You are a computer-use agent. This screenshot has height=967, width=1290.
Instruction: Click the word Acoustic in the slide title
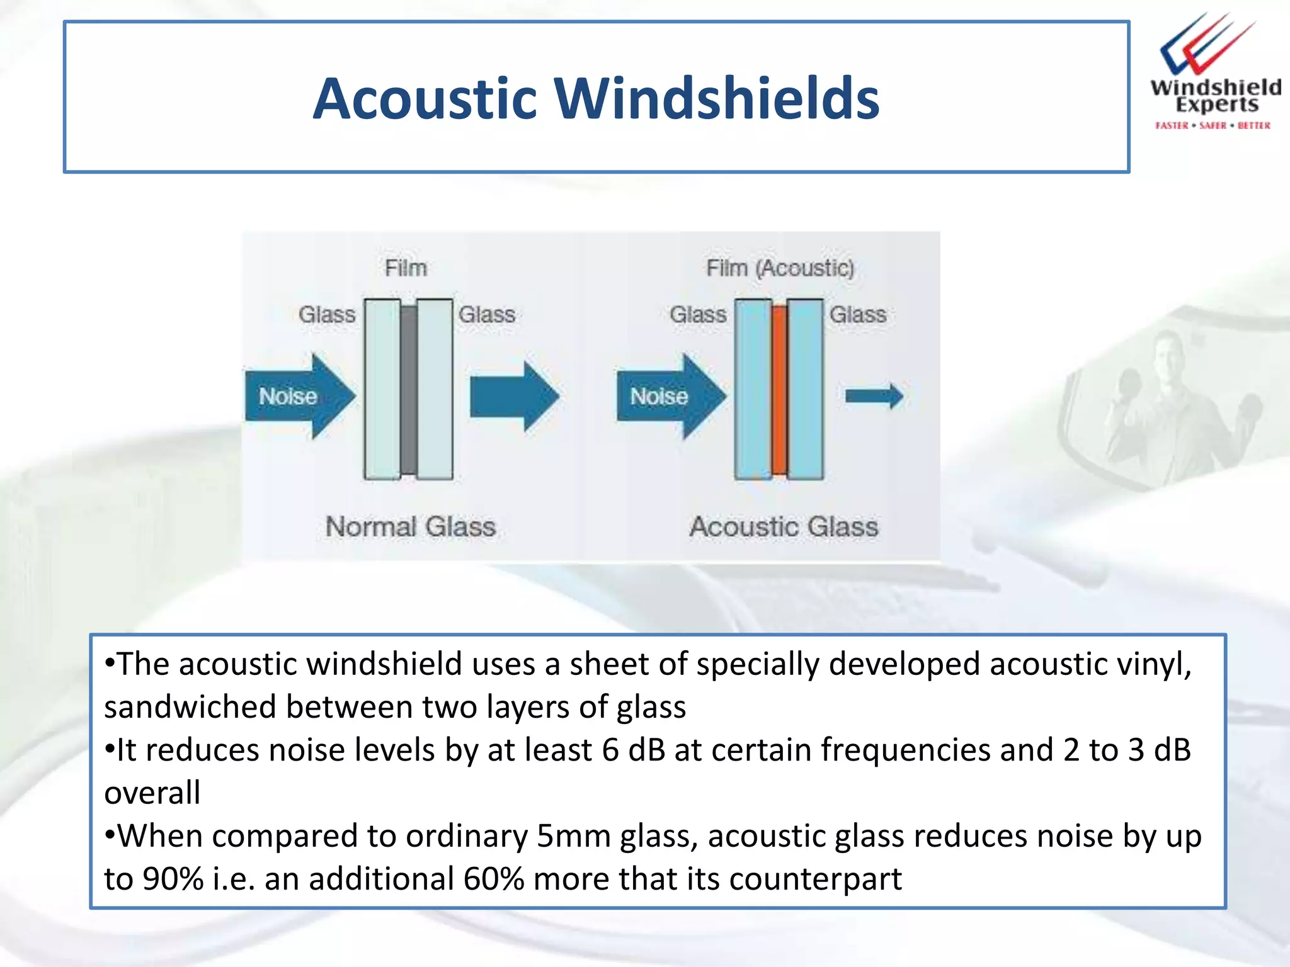pos(425,99)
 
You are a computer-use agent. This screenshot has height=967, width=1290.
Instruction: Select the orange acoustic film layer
pos(779,389)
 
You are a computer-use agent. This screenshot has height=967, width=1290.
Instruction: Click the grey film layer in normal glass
pos(409,389)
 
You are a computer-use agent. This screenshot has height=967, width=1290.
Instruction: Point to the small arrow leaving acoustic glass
pos(874,396)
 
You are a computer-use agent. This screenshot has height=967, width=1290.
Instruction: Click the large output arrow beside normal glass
pos(514,396)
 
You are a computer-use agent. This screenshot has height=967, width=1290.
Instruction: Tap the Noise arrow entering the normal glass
pos(299,396)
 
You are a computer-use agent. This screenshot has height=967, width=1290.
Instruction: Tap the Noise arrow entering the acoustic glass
pos(670,396)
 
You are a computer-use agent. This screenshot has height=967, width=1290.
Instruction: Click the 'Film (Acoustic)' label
pos(780,268)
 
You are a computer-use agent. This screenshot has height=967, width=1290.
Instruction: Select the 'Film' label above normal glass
pos(406,268)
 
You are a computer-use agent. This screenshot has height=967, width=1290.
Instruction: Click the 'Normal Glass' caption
pos(410,526)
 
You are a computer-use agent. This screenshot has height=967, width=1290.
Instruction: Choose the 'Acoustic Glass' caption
pos(783,526)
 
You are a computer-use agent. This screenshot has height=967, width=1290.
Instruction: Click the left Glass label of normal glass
pos(326,314)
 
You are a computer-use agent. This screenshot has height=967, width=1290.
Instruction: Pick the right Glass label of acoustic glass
pos(857,314)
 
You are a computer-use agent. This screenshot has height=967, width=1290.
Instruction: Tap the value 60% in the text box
pos(493,879)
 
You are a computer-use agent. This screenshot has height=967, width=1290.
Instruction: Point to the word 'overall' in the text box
pos(152,793)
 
